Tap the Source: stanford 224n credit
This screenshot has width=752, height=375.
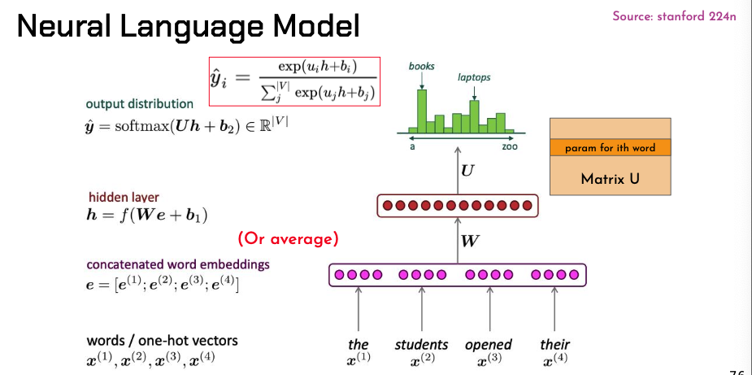pyautogui.click(x=674, y=17)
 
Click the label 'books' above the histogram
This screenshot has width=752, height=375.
pyautogui.click(x=422, y=66)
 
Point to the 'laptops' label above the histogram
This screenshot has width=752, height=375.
pyautogui.click(x=474, y=78)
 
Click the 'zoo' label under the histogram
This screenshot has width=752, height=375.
pyautogui.click(x=510, y=147)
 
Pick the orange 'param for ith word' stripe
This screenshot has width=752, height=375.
pyautogui.click(x=611, y=148)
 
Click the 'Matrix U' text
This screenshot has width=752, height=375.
pyautogui.click(x=611, y=177)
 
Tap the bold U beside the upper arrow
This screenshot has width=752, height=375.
pyautogui.click(x=467, y=172)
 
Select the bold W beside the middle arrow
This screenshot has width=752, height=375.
pyautogui.click(x=470, y=241)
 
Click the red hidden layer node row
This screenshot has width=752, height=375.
pyautogui.click(x=458, y=206)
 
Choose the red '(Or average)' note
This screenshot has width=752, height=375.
pyautogui.click(x=287, y=240)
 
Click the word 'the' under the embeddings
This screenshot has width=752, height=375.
pyautogui.click(x=359, y=345)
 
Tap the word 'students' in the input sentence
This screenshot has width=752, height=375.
pyautogui.click(x=421, y=345)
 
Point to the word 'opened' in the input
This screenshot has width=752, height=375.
pyautogui.click(x=489, y=345)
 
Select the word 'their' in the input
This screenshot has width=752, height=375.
pyautogui.click(x=554, y=345)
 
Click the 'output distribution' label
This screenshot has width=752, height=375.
pyautogui.click(x=140, y=104)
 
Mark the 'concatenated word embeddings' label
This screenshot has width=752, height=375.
pyautogui.click(x=178, y=264)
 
